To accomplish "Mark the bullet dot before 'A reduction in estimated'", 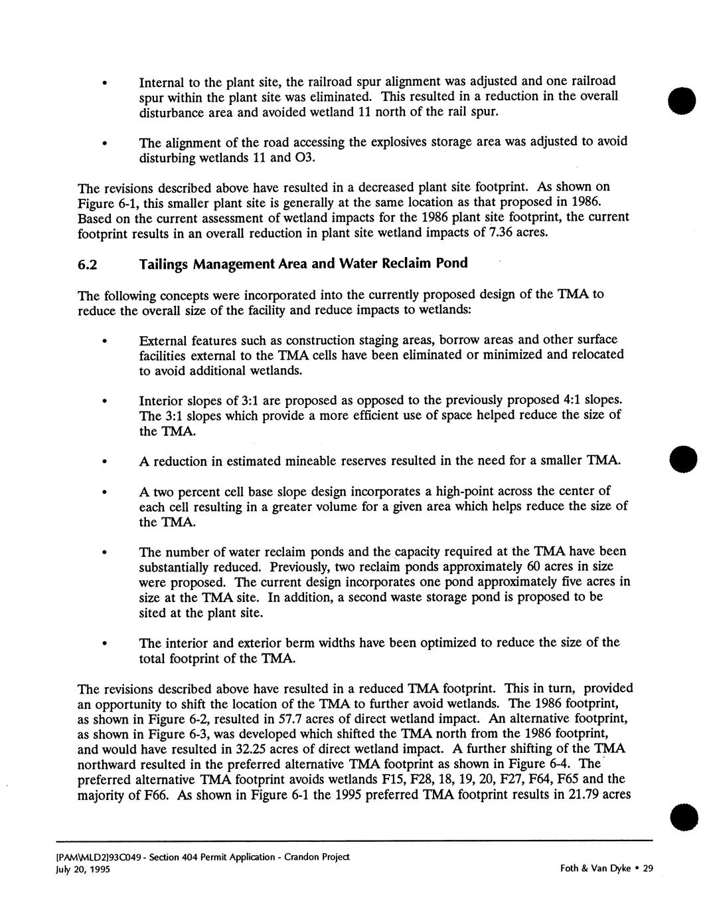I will (104, 462).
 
